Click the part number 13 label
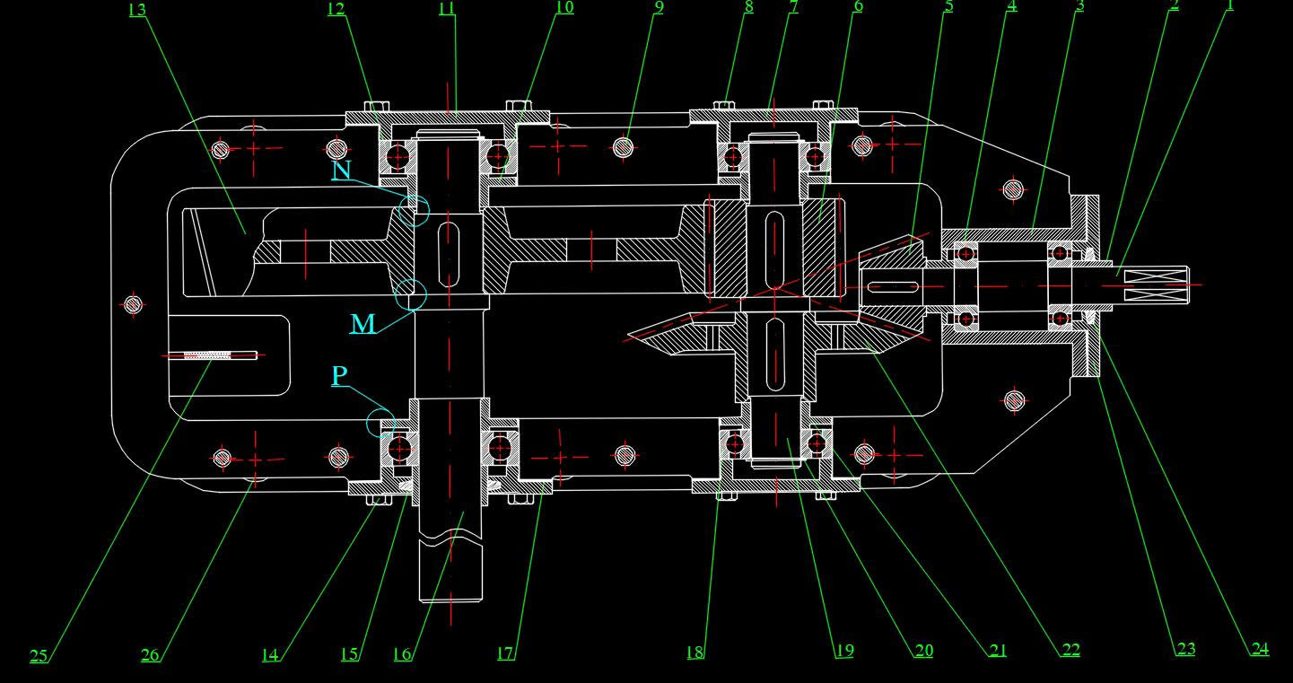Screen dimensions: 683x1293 point(136,10)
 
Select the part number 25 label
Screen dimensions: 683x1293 point(39,656)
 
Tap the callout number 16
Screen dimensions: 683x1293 point(402,654)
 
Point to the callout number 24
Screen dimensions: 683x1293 point(1260,648)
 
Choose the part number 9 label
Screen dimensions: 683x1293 point(659,7)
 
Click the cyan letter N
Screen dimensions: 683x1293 point(341,171)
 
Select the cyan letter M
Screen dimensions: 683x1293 point(363,323)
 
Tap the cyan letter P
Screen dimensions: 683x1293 point(339,375)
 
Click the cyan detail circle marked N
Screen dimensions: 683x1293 point(415,209)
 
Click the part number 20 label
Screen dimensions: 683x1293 point(923,651)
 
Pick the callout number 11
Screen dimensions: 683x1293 point(447,8)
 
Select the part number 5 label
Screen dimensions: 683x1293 point(948,5)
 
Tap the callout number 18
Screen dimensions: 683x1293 point(695,652)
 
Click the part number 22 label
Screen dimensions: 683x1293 point(1070,650)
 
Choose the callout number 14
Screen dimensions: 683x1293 point(270,654)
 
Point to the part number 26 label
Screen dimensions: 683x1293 point(150,655)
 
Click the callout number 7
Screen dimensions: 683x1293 point(793,6)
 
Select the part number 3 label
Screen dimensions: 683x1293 point(1079,5)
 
